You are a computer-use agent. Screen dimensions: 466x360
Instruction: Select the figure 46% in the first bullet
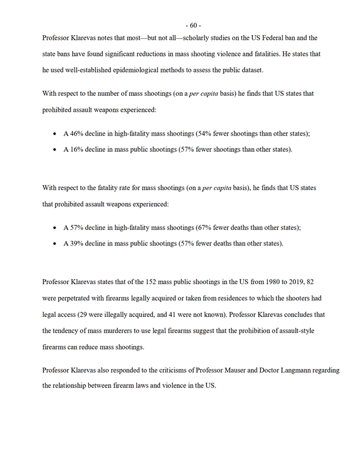[78, 133]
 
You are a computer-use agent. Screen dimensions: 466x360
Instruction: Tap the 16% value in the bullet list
[78, 150]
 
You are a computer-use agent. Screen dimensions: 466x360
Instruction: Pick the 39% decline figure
[78, 244]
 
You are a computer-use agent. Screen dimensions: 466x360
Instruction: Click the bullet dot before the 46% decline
[54, 133]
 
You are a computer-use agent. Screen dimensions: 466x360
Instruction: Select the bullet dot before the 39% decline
[54, 244]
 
